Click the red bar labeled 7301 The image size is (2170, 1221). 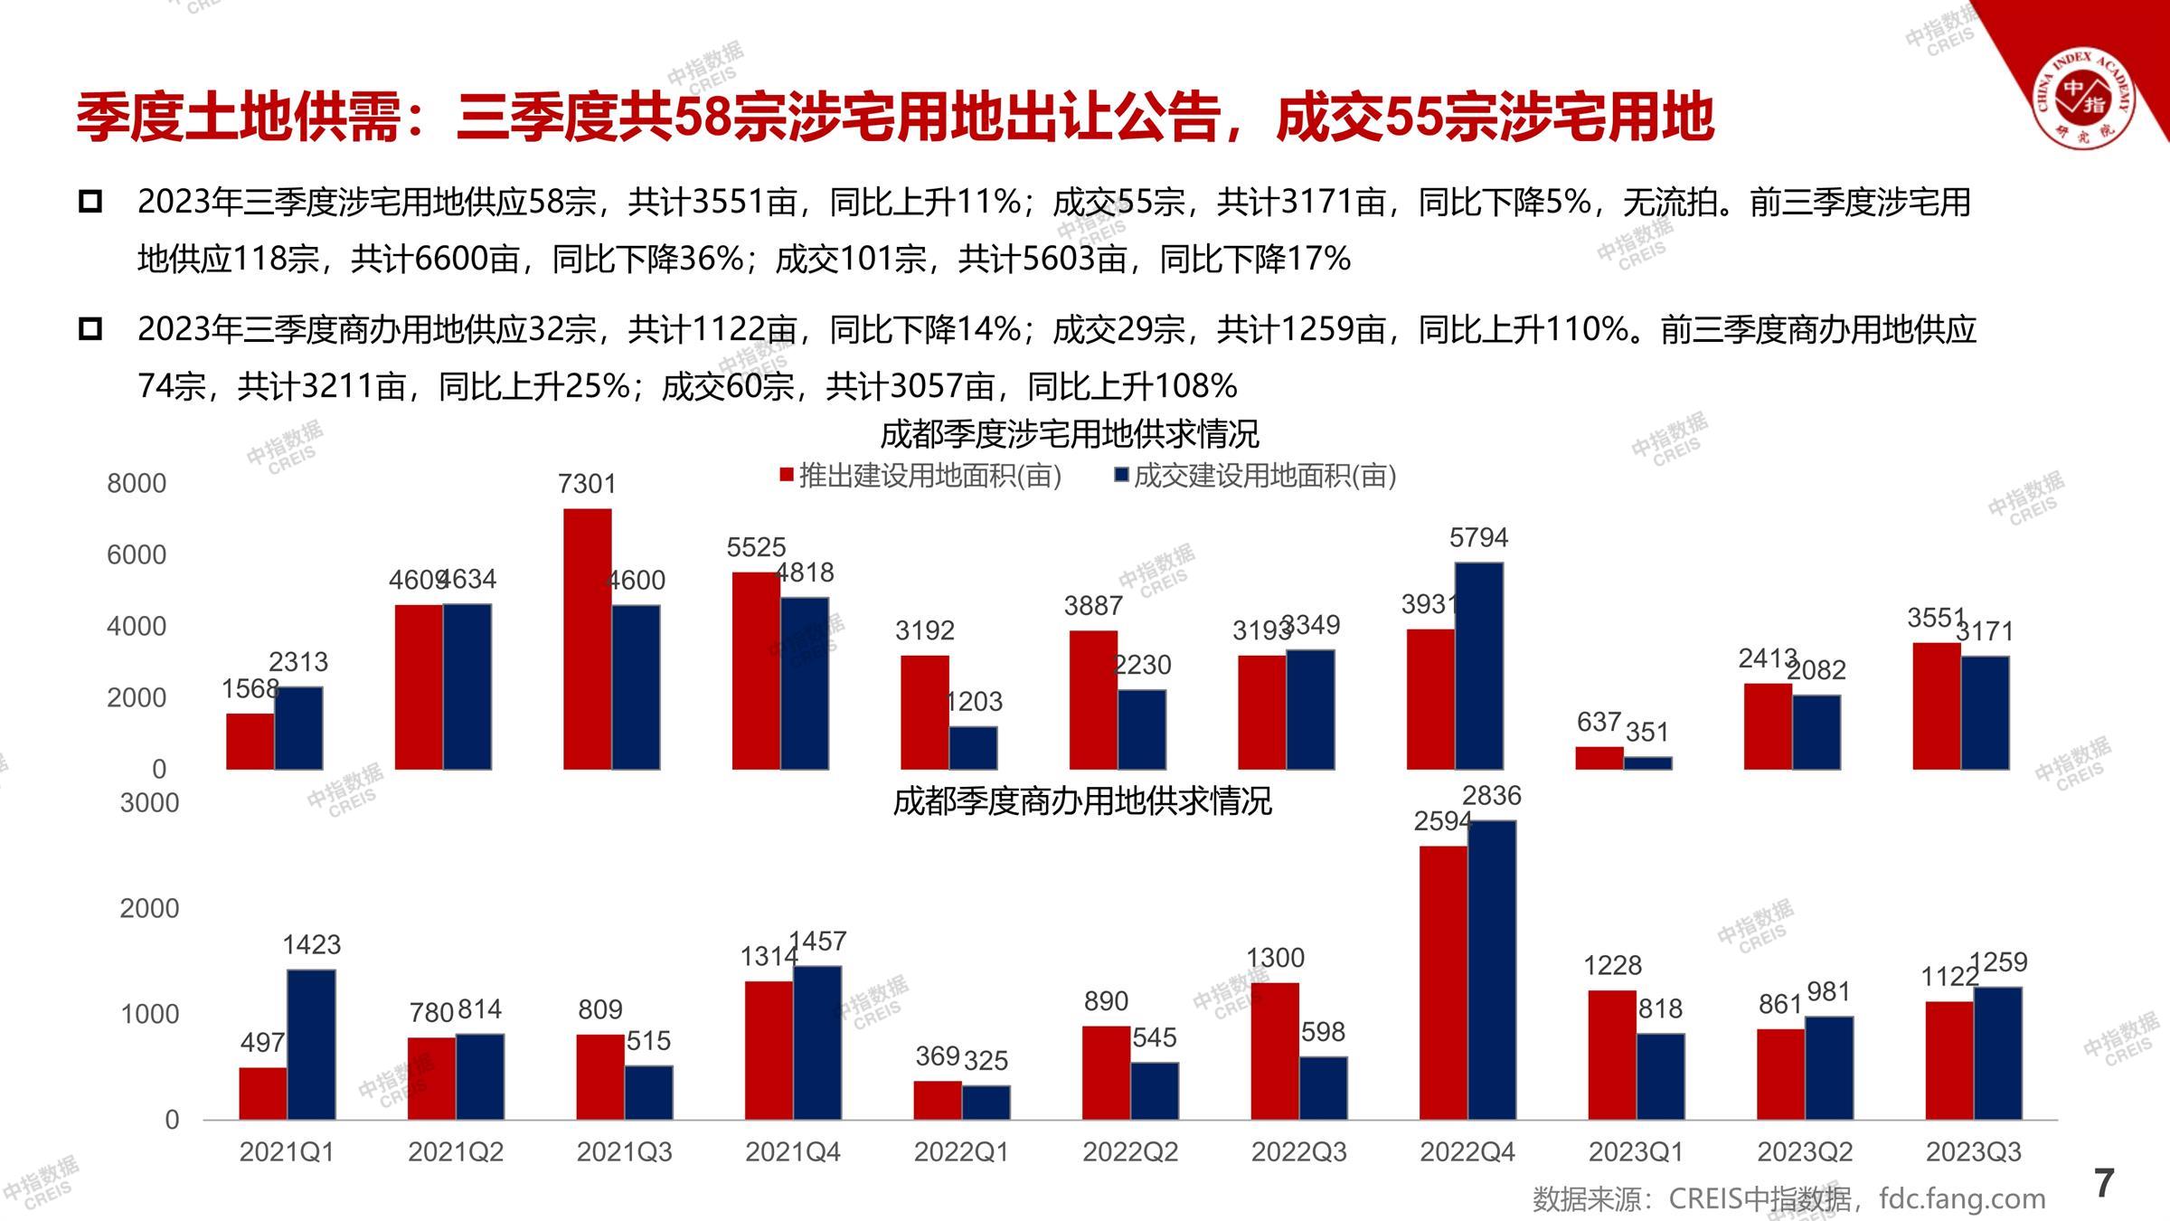(x=587, y=639)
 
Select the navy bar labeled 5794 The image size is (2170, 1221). (x=1479, y=666)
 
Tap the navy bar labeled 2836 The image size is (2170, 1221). (x=1492, y=970)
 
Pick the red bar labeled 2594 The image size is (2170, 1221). (x=1443, y=982)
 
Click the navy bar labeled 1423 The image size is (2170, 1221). (x=311, y=1044)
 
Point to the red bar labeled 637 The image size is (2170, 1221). (x=1599, y=758)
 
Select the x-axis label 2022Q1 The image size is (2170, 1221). (x=961, y=1152)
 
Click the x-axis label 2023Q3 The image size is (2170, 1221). (x=1973, y=1152)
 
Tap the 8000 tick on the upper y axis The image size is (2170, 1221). (x=137, y=484)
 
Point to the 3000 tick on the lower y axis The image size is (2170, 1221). (x=149, y=803)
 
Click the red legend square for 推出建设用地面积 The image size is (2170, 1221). (x=787, y=475)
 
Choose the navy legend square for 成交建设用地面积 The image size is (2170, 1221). (x=1121, y=475)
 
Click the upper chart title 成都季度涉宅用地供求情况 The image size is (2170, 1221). (x=1069, y=435)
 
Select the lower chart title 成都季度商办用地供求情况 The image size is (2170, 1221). (x=1081, y=801)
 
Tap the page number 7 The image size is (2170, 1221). (x=2104, y=1183)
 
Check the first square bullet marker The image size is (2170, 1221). (x=90, y=202)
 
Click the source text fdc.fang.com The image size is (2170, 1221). (x=1962, y=1199)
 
